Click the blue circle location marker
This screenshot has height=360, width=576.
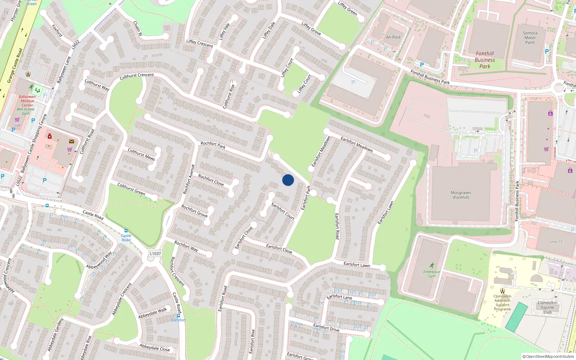pyautogui.click(x=288, y=180)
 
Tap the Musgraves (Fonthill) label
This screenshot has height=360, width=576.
pyautogui.click(x=461, y=195)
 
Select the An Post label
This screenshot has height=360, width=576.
pyautogui.click(x=393, y=37)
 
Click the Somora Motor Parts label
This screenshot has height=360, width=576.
pyautogui.click(x=530, y=38)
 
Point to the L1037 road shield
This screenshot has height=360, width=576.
pyautogui.click(x=155, y=253)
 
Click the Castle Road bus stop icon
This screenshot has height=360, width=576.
pyautogui.click(x=126, y=231)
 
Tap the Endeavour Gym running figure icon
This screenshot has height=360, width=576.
pyautogui.click(x=432, y=266)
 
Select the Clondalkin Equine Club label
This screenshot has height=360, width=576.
pyautogui.click(x=547, y=307)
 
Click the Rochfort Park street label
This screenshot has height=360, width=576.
pyautogui.click(x=213, y=145)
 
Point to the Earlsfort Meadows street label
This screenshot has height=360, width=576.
pyautogui.click(x=356, y=144)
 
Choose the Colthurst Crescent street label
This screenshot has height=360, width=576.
pyautogui.click(x=137, y=76)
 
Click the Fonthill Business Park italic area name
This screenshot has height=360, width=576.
pyautogui.click(x=485, y=60)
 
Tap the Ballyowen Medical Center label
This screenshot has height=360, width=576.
pyautogui.click(x=27, y=101)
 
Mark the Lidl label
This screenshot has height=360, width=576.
pyautogui.click(x=17, y=125)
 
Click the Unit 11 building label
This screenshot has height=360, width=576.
pyautogui.click(x=556, y=242)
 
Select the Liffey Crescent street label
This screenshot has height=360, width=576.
pyautogui.click(x=199, y=44)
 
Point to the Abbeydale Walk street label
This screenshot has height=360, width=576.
pyautogui.click(x=153, y=313)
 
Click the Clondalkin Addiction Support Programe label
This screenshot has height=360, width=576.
pyautogui.click(x=502, y=303)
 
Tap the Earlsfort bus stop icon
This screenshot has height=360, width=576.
pyautogui.click(x=178, y=316)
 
